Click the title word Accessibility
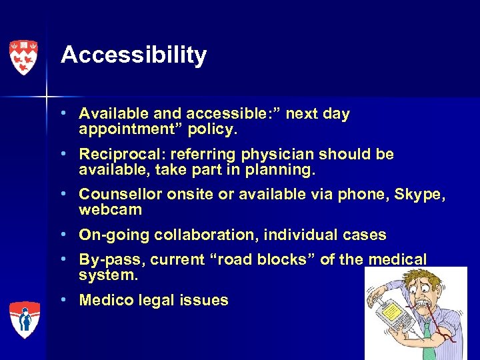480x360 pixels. (133, 55)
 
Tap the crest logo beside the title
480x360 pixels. (24, 57)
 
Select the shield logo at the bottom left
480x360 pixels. (24, 319)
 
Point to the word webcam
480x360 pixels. (110, 209)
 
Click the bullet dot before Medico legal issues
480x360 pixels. (69, 300)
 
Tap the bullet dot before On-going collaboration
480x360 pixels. (69, 234)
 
